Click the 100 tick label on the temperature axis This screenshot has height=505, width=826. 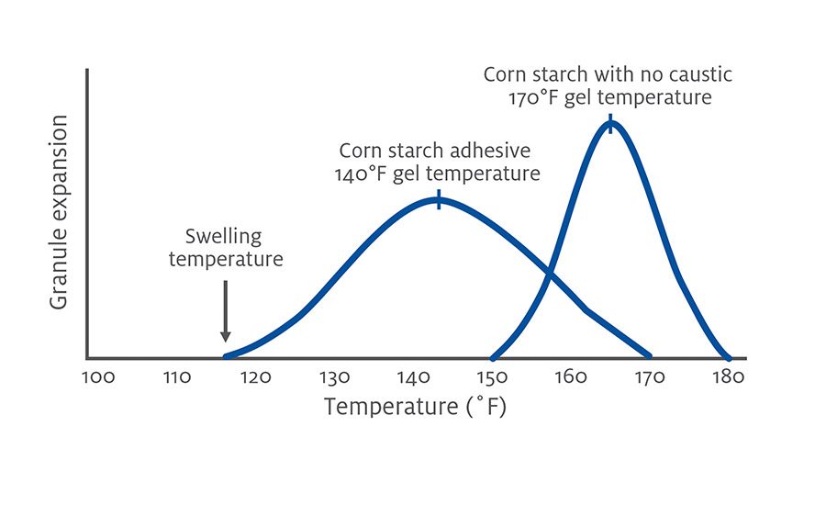point(98,376)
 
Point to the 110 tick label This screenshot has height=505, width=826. point(177,376)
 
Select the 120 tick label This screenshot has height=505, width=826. point(256,376)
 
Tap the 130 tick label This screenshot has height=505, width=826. point(335,376)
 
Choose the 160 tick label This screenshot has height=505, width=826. point(571,376)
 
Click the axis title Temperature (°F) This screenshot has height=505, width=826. point(414,407)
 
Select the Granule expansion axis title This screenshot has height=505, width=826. point(59,213)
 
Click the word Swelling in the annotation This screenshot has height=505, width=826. point(223,237)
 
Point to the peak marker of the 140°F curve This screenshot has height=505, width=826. point(439,200)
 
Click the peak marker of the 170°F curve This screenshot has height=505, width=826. point(610,124)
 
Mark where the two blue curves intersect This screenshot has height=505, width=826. point(550,272)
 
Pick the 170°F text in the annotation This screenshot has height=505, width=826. point(537,96)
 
